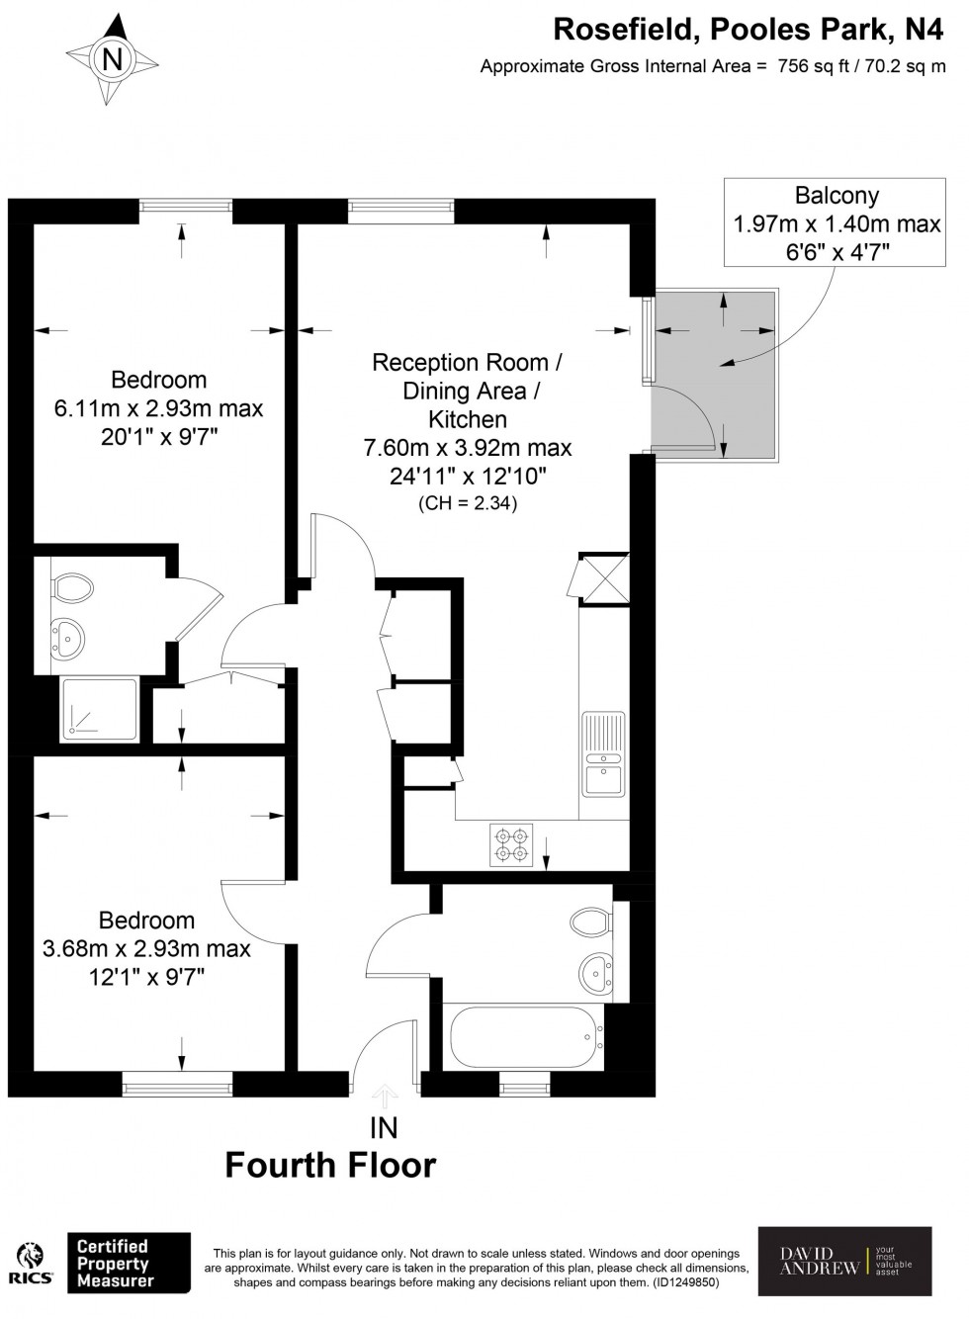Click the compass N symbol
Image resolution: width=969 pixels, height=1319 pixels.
pos(114,60)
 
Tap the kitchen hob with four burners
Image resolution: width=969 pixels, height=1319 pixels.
pos(511,844)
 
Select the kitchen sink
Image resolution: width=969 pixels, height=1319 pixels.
pos(601,753)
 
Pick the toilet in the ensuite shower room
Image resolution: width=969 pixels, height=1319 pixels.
pos(71,589)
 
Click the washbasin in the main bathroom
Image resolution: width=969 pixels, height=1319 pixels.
pos(595,971)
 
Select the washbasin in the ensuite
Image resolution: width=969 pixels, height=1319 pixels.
pos(66,638)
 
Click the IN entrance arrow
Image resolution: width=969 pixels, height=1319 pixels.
pos(384,1095)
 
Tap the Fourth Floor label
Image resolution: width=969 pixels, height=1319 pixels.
pos(330,1166)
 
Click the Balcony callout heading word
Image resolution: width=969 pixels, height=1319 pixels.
pos(837,196)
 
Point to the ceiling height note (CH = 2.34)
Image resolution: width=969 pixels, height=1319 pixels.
pos(468,503)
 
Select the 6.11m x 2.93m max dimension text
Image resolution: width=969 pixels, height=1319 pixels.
pos(158,408)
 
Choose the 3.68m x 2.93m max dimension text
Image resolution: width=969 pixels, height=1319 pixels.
pos(146,949)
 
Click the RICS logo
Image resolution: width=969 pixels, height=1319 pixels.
pos(31,1264)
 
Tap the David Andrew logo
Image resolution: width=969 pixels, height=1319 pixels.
pos(844,1261)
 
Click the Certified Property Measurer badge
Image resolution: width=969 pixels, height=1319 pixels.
pos(129,1264)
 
